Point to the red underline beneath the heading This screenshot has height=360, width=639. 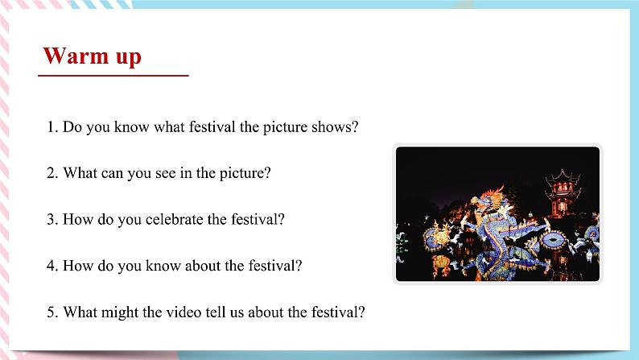(x=113, y=76)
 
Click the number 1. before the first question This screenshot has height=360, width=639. (x=52, y=127)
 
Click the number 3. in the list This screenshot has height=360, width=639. (x=52, y=218)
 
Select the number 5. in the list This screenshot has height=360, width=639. (x=52, y=311)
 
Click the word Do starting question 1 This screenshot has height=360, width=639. (x=72, y=127)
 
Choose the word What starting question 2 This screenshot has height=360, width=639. (x=79, y=172)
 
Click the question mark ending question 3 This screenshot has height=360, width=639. (x=281, y=218)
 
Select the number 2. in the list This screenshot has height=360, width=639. (x=52, y=172)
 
